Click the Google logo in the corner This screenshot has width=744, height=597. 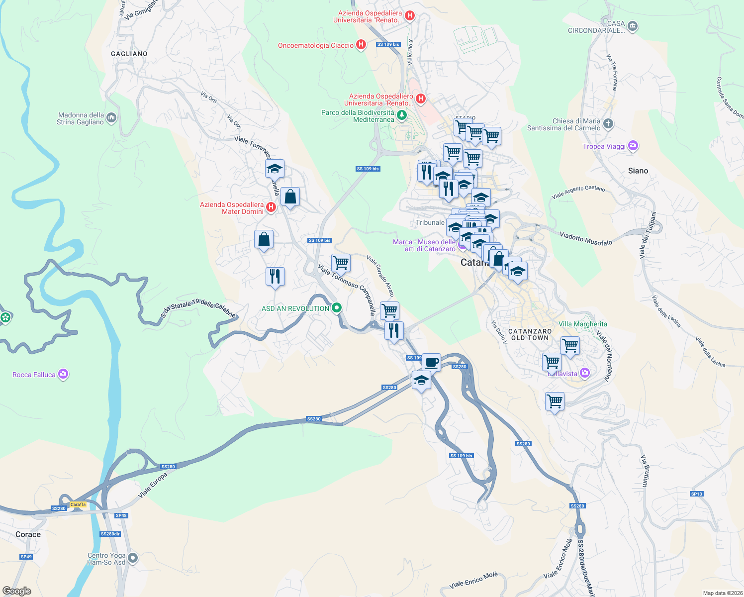tap(17, 591)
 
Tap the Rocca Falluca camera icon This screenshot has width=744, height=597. tap(63, 374)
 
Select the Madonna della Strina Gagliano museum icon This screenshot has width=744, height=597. tap(111, 118)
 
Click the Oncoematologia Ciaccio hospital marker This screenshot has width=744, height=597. tap(361, 45)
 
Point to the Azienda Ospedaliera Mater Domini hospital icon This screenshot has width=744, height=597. tap(271, 207)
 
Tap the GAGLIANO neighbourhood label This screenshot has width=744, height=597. tap(129, 54)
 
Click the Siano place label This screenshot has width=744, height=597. tap(638, 171)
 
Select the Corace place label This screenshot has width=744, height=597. tap(28, 534)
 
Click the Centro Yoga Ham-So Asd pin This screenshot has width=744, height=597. tap(132, 558)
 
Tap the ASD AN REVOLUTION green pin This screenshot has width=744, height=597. tap(337, 308)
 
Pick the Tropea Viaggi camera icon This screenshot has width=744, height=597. tap(633, 146)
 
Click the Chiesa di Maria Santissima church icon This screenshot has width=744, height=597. tap(608, 123)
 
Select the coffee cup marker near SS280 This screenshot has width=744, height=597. tap(431, 362)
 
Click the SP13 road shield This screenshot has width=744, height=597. tap(697, 494)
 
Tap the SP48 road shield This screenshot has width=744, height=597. tap(121, 515)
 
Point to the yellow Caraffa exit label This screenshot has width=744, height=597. tap(78, 504)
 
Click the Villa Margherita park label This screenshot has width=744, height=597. tap(583, 324)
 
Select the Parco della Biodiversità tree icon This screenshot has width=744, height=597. tap(402, 115)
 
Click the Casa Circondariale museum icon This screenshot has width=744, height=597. tap(632, 26)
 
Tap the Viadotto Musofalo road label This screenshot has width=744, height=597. tap(586, 238)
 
